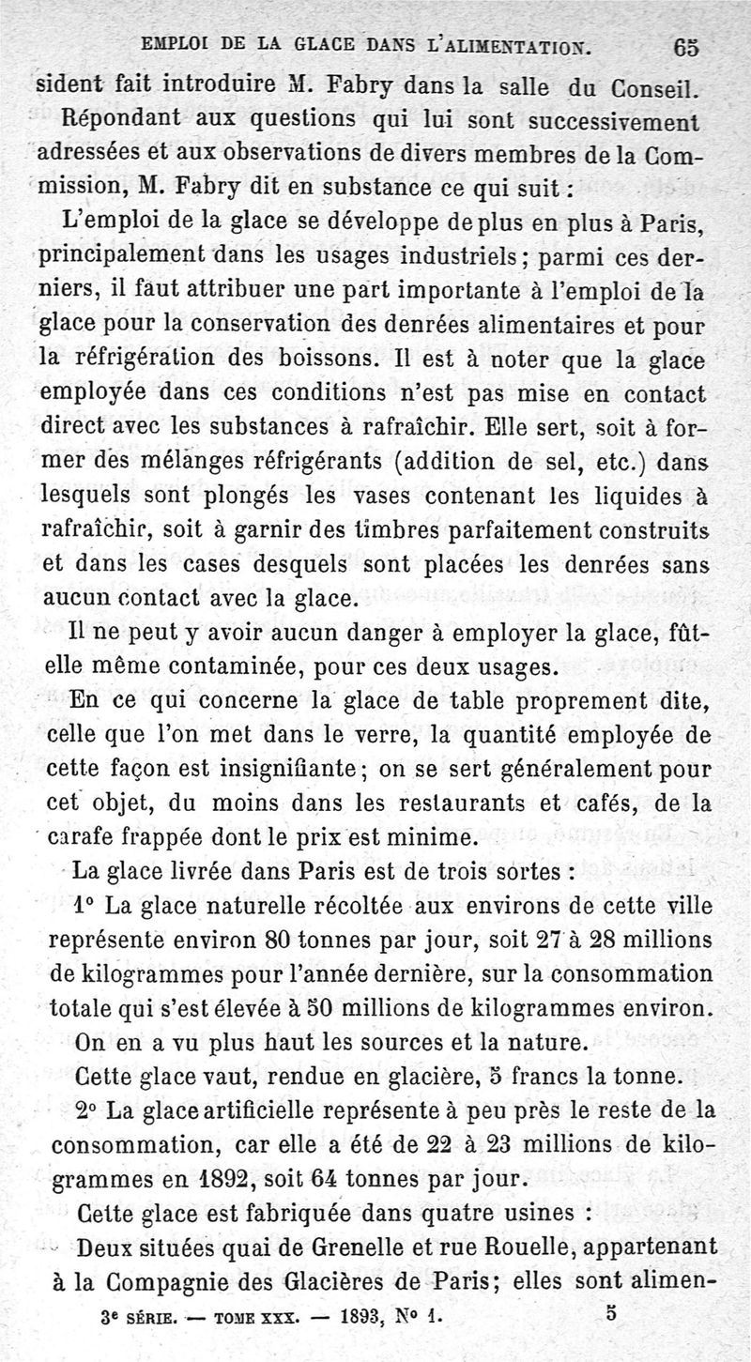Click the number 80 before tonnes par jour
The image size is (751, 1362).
point(283,940)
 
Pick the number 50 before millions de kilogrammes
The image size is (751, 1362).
point(300,1006)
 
